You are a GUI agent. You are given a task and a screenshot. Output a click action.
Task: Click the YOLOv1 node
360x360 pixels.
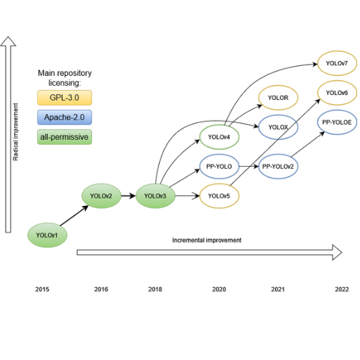[47, 235]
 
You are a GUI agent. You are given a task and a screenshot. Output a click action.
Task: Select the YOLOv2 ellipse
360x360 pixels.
[101, 195]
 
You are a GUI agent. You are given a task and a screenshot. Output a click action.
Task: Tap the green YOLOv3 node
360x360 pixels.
[155, 195]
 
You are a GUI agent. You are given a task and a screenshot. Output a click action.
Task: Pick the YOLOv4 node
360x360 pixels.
[219, 137]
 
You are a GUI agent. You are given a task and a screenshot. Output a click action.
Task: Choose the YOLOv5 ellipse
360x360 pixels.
[219, 195]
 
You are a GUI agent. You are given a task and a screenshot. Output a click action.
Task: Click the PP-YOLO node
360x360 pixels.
[219, 167]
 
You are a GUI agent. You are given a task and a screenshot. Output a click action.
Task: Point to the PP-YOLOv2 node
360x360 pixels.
[278, 167]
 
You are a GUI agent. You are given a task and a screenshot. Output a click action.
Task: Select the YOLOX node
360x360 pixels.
[278, 127]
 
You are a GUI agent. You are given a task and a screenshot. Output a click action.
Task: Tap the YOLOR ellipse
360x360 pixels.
[278, 98]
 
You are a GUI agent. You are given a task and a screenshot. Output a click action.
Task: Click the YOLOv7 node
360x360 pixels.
[337, 63]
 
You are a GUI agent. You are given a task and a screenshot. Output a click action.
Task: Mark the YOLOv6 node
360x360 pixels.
[337, 93]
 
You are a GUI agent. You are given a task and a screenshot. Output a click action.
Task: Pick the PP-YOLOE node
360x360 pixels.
[337, 122]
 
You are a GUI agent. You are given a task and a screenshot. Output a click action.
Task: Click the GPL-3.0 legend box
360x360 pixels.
[65, 98]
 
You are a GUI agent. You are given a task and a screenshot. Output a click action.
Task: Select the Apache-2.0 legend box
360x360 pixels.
[65, 117]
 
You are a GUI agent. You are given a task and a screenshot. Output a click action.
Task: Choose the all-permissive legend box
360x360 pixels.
[65, 137]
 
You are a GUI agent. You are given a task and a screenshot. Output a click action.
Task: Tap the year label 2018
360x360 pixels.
[155, 289]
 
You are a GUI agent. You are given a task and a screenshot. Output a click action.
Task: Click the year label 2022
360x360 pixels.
[342, 289]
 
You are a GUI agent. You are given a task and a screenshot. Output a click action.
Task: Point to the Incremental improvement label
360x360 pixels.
[207, 240]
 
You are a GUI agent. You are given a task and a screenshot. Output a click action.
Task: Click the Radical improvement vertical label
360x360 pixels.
[15, 132]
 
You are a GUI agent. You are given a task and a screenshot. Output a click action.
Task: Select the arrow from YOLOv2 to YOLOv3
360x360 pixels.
[129, 195]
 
